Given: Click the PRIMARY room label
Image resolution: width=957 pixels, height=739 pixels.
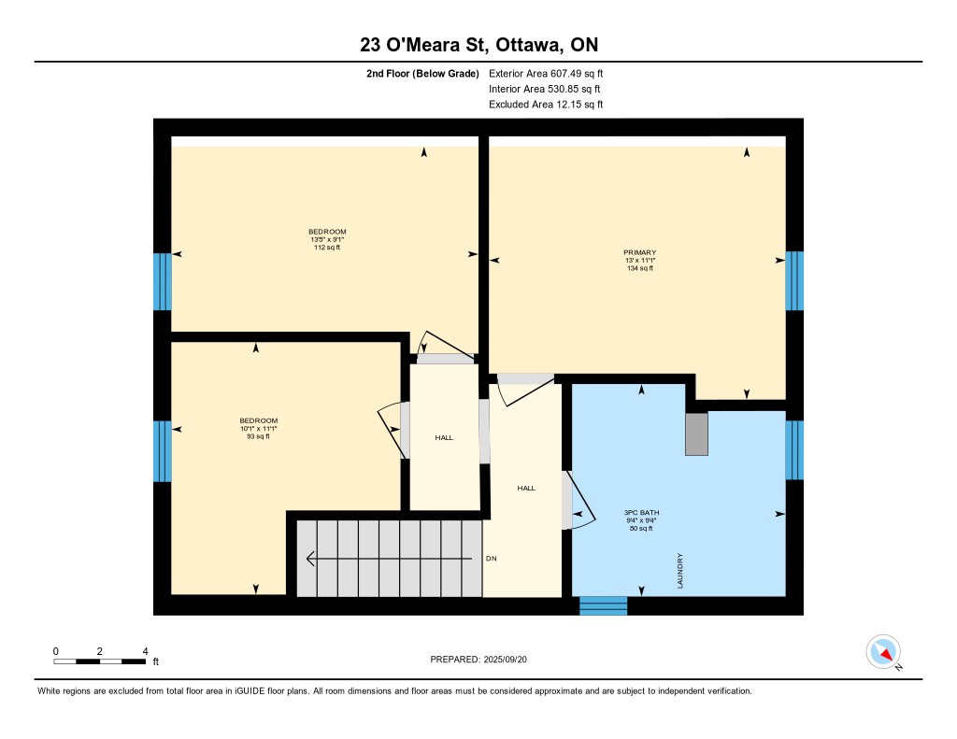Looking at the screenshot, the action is (639, 252).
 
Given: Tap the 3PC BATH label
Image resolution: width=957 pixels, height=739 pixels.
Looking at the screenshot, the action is (641, 513).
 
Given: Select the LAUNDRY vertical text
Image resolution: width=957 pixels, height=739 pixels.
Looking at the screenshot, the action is (680, 571).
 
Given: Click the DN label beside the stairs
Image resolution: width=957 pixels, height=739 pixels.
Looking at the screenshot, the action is (492, 559).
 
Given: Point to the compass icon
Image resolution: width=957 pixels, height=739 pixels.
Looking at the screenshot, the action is (883, 652).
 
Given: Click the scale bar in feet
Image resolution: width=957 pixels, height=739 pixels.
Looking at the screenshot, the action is (99, 661).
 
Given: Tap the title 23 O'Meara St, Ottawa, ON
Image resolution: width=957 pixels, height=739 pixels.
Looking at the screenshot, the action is (478, 45).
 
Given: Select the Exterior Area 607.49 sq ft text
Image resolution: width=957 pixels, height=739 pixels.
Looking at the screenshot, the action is (546, 73).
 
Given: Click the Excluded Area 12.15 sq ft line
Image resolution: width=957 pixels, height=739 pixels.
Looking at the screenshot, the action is (546, 105).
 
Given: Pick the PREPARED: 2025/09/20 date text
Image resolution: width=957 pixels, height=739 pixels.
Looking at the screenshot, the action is (478, 659).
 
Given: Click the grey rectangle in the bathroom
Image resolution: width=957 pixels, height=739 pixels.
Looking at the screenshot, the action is (696, 433).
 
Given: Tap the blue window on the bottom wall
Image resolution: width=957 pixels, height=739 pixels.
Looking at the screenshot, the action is (603, 606).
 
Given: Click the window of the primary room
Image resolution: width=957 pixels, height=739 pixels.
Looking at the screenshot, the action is (794, 280).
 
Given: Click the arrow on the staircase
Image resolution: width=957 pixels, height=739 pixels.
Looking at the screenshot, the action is (389, 559).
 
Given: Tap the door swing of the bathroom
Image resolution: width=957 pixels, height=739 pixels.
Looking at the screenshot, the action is (580, 500).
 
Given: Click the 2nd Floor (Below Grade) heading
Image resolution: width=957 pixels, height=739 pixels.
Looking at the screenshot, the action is (422, 73).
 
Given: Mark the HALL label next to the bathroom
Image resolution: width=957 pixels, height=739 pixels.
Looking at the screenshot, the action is (526, 488).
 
